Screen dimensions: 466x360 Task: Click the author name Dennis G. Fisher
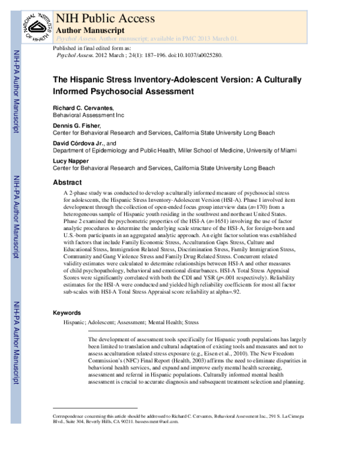[78, 126]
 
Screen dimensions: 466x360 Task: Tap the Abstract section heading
[67, 182]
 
